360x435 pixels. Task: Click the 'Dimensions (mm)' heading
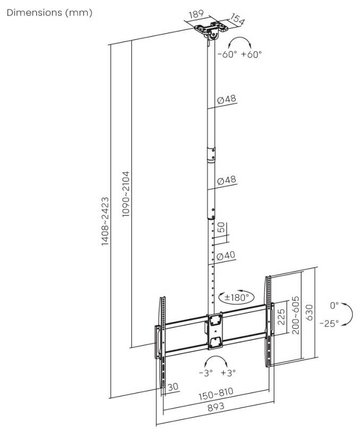(49, 13)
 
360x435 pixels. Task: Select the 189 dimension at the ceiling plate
(196, 14)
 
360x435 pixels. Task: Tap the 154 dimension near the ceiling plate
(237, 19)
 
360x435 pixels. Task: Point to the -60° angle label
(227, 54)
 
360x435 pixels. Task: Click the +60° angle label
(251, 54)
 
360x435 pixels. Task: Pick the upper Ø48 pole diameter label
(227, 99)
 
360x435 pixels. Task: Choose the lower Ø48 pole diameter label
(227, 181)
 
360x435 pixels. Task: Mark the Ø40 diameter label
(226, 255)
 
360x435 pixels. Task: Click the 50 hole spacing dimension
(221, 227)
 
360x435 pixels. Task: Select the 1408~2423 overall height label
(105, 221)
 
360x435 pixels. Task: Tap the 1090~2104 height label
(126, 194)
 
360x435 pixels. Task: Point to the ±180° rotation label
(236, 297)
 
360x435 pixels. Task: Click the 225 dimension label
(281, 317)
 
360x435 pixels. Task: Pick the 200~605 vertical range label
(296, 315)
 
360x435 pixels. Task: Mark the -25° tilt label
(329, 323)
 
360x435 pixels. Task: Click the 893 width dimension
(216, 407)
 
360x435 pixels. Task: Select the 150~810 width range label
(216, 393)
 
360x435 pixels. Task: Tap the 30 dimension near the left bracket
(173, 387)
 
